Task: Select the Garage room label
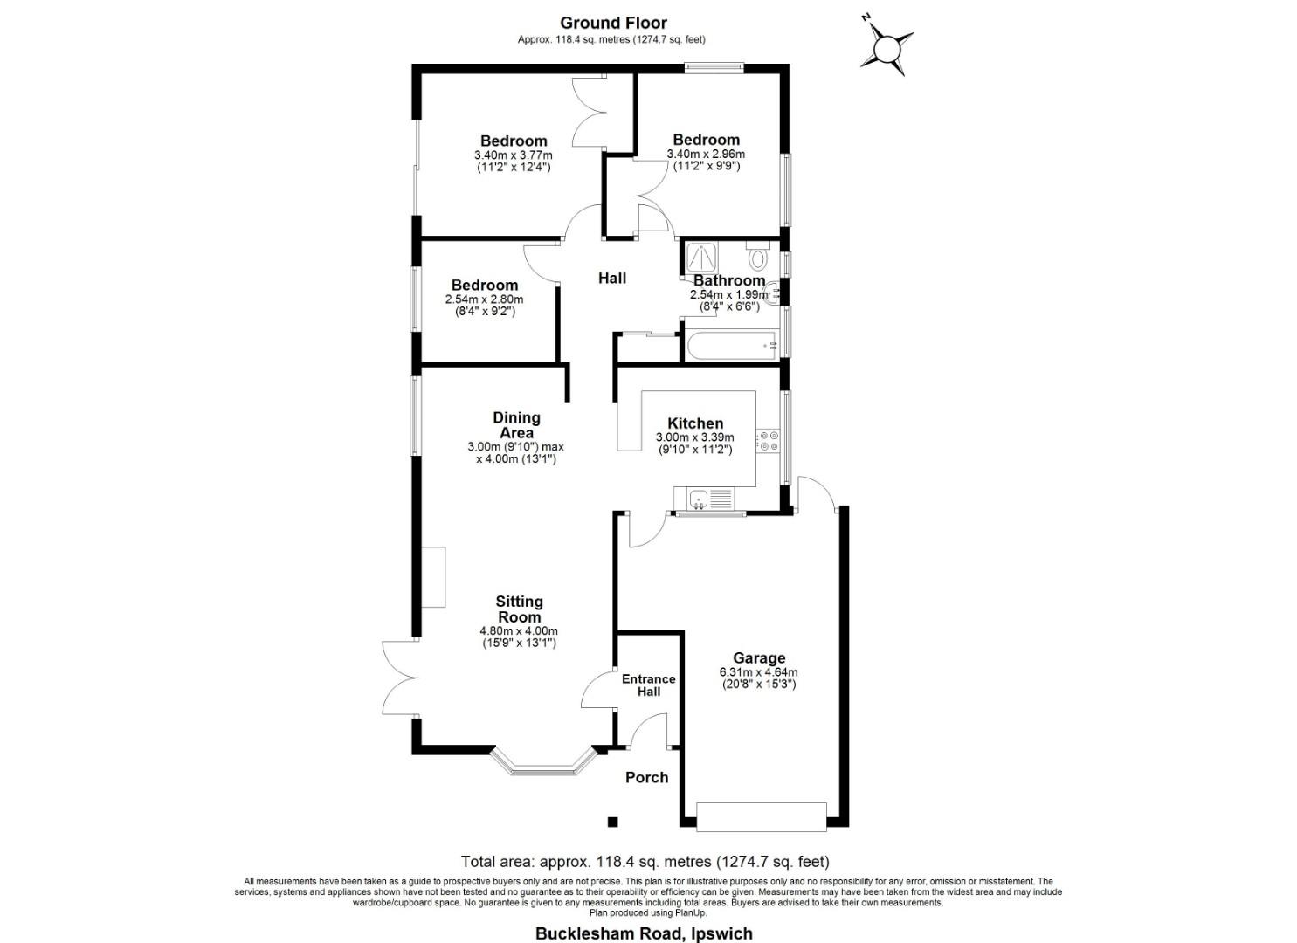coord(758,658)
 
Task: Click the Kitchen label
coord(695,423)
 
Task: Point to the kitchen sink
coord(698,499)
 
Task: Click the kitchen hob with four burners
coord(768,441)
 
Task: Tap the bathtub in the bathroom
coord(732,346)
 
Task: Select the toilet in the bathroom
coord(757,258)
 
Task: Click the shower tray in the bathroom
coord(700,258)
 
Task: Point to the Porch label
coord(647,777)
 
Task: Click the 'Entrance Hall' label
coord(648,685)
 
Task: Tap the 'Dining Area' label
coord(516,425)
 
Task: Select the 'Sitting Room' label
coord(519,609)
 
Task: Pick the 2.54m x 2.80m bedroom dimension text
coord(484,299)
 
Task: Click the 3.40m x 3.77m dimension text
coord(514,155)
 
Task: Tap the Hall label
coord(611,279)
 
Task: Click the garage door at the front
coord(762,816)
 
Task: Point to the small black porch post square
coord(613,822)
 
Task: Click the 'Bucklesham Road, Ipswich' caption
coord(644,933)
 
